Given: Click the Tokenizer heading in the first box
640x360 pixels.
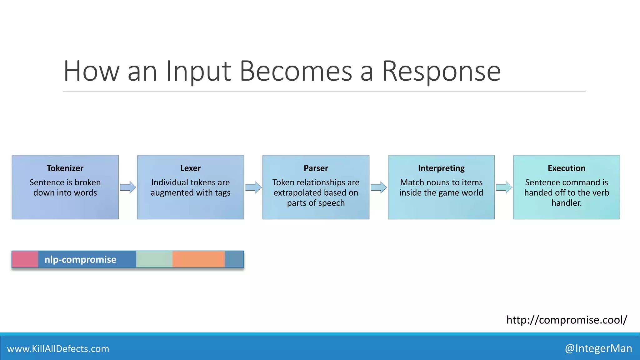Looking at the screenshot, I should click(65, 168).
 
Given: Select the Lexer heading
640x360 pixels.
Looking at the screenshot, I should click(190, 168).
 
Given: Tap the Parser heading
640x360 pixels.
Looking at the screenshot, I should click(316, 168).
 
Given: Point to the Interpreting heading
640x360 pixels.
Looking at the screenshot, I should click(441, 168).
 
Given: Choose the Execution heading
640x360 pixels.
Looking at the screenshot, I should click(566, 168).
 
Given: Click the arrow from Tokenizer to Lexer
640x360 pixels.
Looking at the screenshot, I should click(128, 187).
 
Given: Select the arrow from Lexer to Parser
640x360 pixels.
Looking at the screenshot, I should click(253, 187).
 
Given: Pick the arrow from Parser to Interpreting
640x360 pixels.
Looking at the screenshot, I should click(379, 187).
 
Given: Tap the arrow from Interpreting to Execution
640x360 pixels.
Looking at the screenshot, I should click(504, 187).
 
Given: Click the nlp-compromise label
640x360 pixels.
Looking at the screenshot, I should click(80, 259).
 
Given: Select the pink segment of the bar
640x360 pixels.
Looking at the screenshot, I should click(25, 259).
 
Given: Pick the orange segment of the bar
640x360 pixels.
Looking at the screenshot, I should click(198, 259).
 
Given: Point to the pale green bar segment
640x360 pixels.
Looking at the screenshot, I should click(154, 259).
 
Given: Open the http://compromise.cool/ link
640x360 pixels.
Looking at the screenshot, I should click(566, 320).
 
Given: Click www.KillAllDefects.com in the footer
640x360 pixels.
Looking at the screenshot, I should click(58, 348).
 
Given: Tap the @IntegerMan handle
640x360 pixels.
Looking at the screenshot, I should click(598, 348).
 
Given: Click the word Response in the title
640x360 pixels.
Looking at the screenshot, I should click(441, 72).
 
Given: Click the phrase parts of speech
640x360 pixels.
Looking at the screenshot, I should click(316, 203).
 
